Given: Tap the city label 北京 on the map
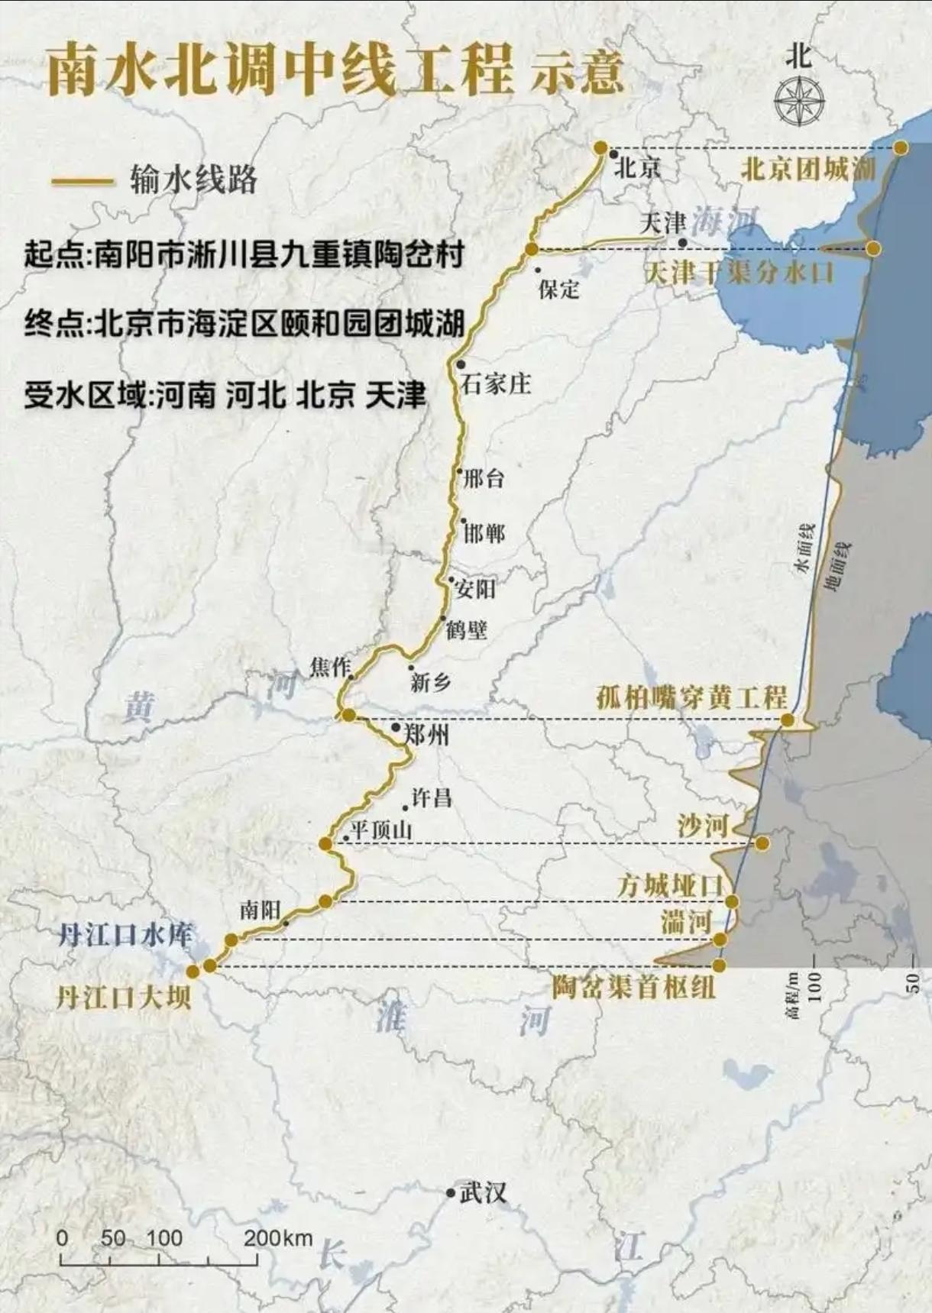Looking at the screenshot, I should click(637, 167).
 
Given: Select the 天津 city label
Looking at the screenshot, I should click(662, 223).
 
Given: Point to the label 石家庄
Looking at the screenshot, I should click(495, 383).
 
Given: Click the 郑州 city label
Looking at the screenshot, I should click(426, 735).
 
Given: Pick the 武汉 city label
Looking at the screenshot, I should click(483, 1193).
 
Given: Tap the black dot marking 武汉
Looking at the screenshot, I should click(451, 1192).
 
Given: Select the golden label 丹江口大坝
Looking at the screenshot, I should click(123, 997).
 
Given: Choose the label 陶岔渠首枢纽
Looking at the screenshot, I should click(634, 987).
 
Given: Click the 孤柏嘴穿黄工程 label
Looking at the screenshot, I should click(691, 697).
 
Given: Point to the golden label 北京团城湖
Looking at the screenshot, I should click(807, 169).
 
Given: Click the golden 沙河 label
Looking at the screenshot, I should click(702, 826).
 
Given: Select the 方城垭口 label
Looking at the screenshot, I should click(670, 886).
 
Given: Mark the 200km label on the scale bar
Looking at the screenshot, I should click(278, 1237).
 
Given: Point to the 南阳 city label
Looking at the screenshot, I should click(260, 910).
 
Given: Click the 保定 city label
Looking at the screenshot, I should click(558, 289).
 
